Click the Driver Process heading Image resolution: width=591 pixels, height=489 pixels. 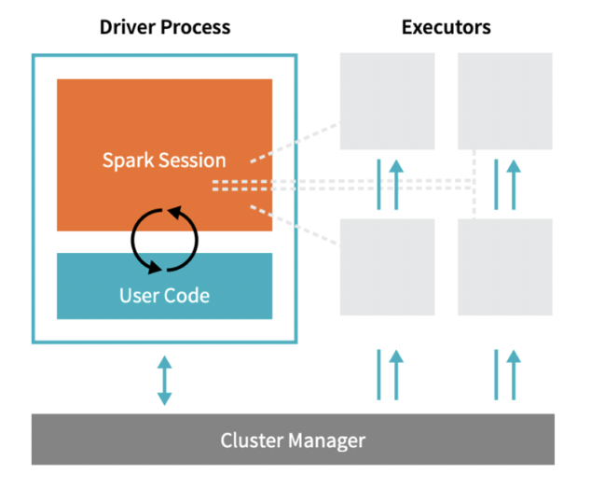[165, 27]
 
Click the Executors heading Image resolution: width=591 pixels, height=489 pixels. [446, 27]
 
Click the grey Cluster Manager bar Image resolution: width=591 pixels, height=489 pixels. [293, 440]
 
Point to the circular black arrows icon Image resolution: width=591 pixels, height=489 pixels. [164, 238]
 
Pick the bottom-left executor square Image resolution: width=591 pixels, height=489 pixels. [387, 266]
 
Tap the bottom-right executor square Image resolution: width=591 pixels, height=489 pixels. [504, 266]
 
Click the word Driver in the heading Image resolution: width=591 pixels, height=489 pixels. [126, 27]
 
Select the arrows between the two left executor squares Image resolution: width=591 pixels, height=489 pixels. [388, 184]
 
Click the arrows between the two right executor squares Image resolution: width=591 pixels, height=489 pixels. [505, 184]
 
